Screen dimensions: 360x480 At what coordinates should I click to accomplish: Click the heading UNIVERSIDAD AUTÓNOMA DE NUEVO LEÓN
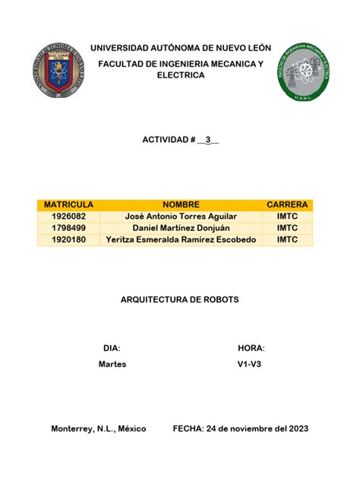pyautogui.click(x=180, y=48)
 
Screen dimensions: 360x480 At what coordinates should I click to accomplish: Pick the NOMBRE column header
pyautogui.click(x=180, y=205)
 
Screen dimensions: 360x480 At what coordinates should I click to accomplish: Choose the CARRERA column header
pyautogui.click(x=287, y=205)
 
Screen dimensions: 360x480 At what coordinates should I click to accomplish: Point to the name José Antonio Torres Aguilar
pyautogui.click(x=180, y=216)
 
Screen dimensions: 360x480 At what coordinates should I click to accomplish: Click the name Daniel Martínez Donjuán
pyautogui.click(x=180, y=228)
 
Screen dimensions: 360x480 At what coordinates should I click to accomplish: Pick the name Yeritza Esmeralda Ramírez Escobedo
pyautogui.click(x=180, y=240)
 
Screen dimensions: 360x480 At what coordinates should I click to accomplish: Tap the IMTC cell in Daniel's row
pyautogui.click(x=287, y=228)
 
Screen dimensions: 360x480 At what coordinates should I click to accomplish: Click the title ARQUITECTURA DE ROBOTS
pyautogui.click(x=180, y=300)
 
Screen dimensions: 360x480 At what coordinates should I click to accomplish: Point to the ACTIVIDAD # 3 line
pyautogui.click(x=180, y=141)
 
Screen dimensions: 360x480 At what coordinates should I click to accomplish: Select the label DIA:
pyautogui.click(x=112, y=348)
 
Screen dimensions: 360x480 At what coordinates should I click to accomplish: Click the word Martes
pyautogui.click(x=112, y=365)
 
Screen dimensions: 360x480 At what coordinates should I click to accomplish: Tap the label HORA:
pyautogui.click(x=251, y=348)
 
